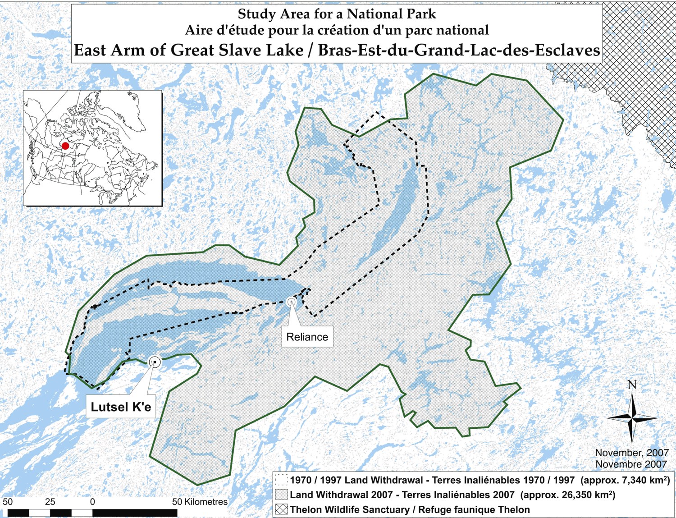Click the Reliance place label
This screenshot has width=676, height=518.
pos(307,337)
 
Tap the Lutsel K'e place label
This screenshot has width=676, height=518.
pos(121,407)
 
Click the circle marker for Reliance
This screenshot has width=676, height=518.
pos(292,301)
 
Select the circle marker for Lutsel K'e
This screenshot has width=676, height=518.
pos(155,362)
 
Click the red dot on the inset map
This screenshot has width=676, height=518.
pos(65,146)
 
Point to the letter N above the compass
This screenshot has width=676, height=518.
pos(632,385)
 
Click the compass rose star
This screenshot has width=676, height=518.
pos(632,418)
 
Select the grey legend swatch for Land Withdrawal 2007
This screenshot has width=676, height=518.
pos(282,495)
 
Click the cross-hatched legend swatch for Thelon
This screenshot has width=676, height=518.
pos(282,509)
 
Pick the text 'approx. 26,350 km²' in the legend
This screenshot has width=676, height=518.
pos(568,495)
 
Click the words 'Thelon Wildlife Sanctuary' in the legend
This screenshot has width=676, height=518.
pos(348,509)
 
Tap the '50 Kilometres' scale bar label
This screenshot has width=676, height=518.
pos(200,502)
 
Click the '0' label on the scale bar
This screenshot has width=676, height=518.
pos(92,502)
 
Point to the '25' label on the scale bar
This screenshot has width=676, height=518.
pos(50,502)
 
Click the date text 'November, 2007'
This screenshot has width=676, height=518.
pos(631,453)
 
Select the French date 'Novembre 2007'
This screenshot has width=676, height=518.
pos(631,464)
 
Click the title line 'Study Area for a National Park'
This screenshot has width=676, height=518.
pos(337,14)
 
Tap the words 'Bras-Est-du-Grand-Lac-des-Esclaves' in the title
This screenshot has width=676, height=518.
pos(459,50)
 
